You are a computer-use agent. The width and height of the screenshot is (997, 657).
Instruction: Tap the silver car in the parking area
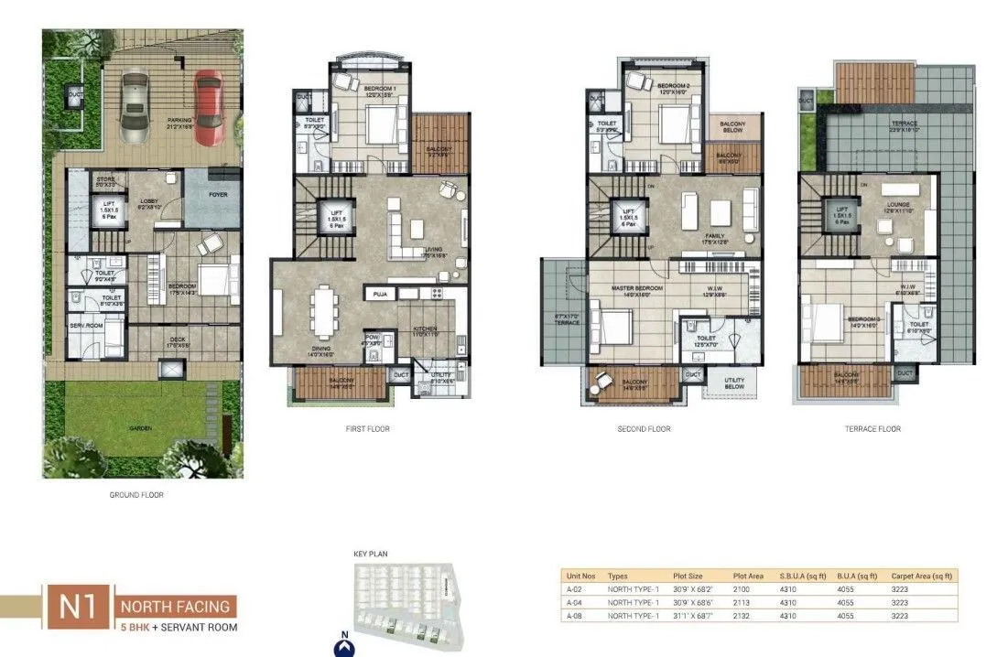coord(135,107)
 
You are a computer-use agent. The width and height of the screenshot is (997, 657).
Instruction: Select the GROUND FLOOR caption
coord(136,495)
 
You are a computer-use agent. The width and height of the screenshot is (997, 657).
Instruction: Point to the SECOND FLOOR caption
coord(644,428)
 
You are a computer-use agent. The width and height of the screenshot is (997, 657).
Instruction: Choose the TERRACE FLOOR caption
coord(872,428)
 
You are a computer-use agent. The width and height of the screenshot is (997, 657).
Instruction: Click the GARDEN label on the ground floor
coord(140,426)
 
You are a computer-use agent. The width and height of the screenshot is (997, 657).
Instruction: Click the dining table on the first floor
coord(323,310)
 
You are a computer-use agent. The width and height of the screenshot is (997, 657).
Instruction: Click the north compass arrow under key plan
coord(344,646)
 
